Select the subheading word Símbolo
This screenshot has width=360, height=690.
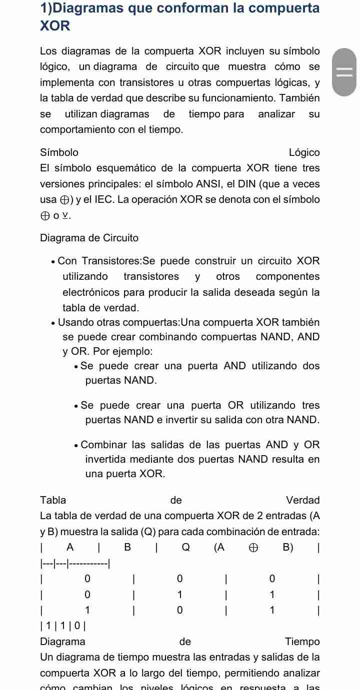pyautogui.click(x=59, y=152)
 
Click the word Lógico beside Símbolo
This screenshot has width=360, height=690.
pyautogui.click(x=304, y=152)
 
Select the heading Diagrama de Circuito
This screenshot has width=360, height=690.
pyautogui.click(x=89, y=238)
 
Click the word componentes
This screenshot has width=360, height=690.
pyautogui.click(x=287, y=276)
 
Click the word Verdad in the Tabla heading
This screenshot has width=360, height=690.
pyautogui.click(x=302, y=500)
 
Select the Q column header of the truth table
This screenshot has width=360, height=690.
pyautogui.click(x=185, y=547)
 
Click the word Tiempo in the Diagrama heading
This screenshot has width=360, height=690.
pyautogui.click(x=302, y=642)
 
